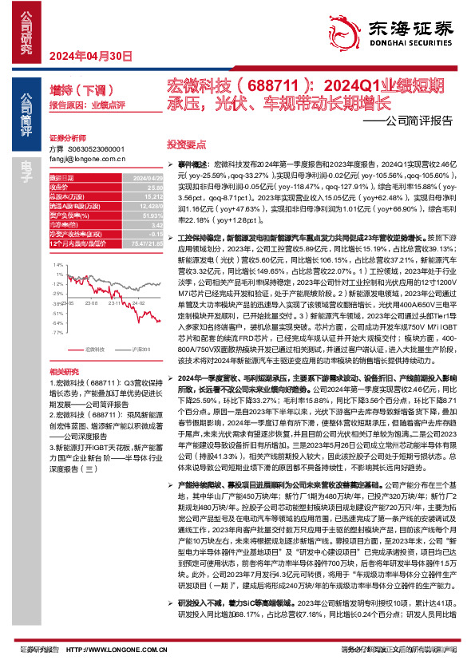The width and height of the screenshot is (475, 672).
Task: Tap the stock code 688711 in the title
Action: click(x=251, y=85)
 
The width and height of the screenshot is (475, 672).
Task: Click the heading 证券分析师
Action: click(x=66, y=137)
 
